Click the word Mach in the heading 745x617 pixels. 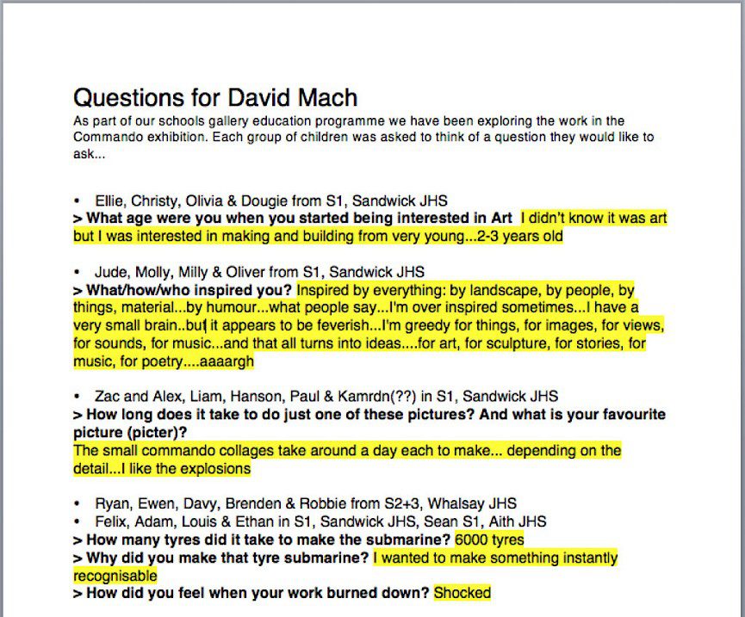(325, 97)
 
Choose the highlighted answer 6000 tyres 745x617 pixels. (489, 540)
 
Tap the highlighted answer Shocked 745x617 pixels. (463, 593)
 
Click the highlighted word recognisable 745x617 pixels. (115, 575)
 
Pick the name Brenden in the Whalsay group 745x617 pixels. (247, 503)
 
